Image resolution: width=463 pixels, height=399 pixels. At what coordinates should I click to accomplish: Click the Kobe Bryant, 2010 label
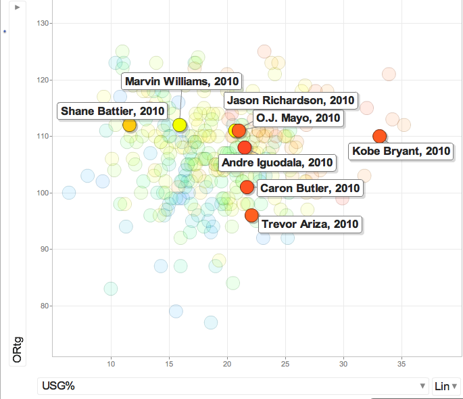[x=401, y=151]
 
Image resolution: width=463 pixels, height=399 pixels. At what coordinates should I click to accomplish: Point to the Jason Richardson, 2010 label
[x=291, y=100]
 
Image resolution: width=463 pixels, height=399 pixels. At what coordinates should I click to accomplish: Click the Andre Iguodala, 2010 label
[x=277, y=162]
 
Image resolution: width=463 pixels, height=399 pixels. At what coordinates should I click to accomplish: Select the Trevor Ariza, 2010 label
[x=310, y=224]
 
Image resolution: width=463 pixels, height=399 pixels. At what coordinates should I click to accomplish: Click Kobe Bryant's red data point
[x=379, y=136]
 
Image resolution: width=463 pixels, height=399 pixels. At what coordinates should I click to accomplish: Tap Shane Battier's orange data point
[x=129, y=125]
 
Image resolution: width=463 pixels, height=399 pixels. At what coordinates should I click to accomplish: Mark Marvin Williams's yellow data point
[x=179, y=124]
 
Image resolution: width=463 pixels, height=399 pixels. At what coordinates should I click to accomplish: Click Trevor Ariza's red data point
[x=251, y=215]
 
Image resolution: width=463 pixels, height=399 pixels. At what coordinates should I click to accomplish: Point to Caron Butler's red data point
[x=247, y=187]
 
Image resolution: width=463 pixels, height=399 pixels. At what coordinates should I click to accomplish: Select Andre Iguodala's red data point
[x=245, y=147]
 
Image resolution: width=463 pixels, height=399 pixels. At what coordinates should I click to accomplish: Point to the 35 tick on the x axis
[x=402, y=365]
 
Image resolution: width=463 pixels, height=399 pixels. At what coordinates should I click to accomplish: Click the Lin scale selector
[x=446, y=386]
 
